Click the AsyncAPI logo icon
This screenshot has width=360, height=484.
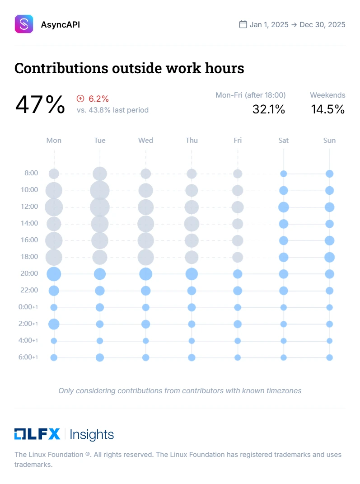click(24, 24)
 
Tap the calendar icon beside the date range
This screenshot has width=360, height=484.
click(243, 24)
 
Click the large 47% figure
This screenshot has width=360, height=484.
click(40, 104)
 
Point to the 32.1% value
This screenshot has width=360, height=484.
click(269, 109)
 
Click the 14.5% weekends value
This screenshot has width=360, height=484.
click(328, 109)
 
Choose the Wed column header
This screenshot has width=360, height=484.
click(145, 140)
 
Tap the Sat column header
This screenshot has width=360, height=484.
click(283, 140)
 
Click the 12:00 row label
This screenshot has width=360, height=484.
click(29, 207)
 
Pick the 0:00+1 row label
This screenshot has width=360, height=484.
click(28, 307)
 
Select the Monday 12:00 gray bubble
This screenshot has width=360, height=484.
click(54, 207)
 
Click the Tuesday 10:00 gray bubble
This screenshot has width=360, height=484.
click(100, 190)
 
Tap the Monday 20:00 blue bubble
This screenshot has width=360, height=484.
click(54, 274)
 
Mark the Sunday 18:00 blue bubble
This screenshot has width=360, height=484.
click(329, 257)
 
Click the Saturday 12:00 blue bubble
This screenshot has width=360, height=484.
click(283, 207)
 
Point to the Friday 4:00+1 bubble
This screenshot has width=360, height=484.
click(238, 341)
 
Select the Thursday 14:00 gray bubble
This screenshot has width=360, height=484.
click(192, 224)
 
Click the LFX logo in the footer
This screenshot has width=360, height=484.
click(37, 434)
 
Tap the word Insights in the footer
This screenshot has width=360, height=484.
click(92, 435)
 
